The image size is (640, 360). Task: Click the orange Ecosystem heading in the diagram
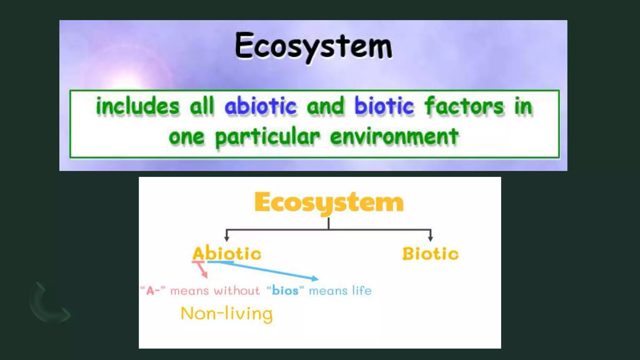click(329, 202)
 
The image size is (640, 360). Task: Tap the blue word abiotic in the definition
click(260, 106)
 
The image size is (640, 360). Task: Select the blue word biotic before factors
click(384, 106)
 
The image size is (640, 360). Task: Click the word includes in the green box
click(137, 106)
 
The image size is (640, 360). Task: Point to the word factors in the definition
click(464, 106)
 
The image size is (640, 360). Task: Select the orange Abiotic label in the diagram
click(227, 253)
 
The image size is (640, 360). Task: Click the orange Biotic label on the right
click(430, 253)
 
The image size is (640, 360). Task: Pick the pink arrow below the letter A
click(203, 270)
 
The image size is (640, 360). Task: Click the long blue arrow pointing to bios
click(266, 270)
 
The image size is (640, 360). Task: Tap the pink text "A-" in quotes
click(153, 291)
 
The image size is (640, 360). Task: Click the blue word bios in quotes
click(285, 291)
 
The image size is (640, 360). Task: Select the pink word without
click(237, 291)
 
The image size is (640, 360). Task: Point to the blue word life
click(362, 291)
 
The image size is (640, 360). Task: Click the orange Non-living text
click(227, 313)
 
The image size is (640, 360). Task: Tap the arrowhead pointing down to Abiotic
click(227, 239)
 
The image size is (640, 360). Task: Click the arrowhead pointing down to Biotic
click(431, 239)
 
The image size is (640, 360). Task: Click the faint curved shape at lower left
click(47, 305)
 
